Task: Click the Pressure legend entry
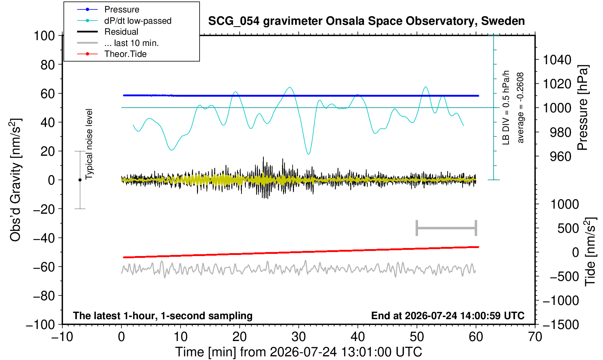(x=122, y=9)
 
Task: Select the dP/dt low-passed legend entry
(x=138, y=21)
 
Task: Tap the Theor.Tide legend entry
(x=125, y=54)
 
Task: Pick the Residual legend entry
(x=121, y=32)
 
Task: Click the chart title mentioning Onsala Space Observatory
(x=366, y=21)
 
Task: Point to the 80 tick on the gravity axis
(x=48, y=65)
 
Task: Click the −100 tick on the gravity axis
(x=40, y=325)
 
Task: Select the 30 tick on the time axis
(x=298, y=337)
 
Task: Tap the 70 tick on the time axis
(x=535, y=337)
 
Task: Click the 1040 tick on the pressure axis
(x=557, y=60)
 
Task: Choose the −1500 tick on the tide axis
(x=561, y=325)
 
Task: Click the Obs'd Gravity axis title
(x=16, y=180)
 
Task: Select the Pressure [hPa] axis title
(x=583, y=108)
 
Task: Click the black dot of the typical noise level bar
(x=80, y=180)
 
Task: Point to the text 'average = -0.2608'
(x=520, y=108)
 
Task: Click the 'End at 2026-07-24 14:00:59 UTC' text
(x=448, y=316)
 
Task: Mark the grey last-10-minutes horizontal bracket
(x=447, y=228)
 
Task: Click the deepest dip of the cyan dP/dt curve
(x=309, y=154)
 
